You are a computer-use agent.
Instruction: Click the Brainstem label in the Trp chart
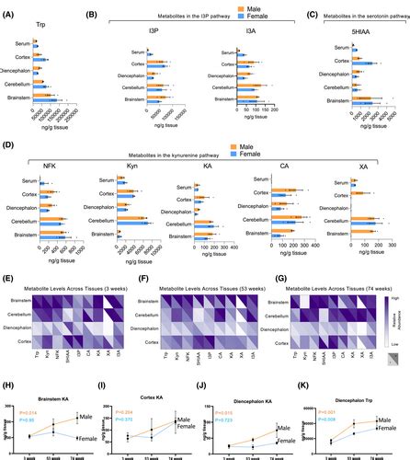point(15,95)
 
